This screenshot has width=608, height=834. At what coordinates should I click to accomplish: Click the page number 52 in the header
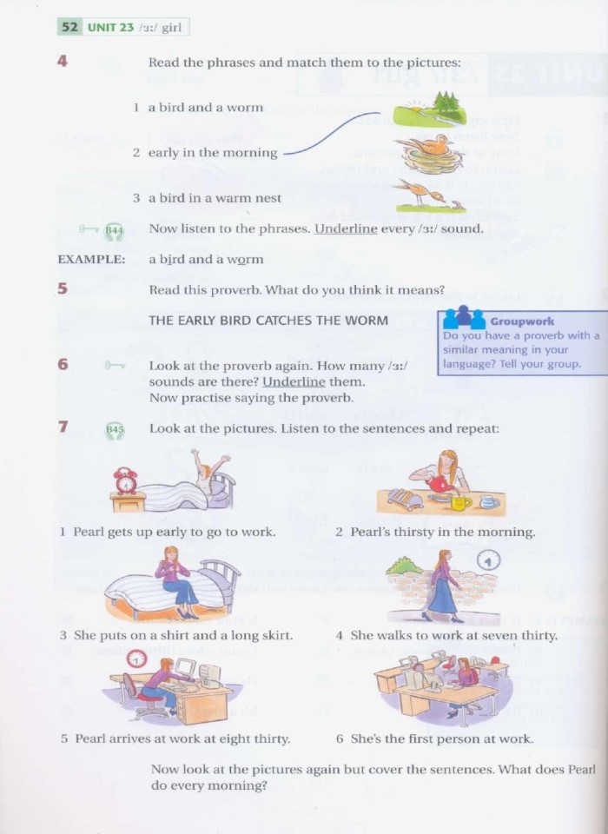point(69,27)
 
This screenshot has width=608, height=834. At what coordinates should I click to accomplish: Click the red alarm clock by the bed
point(126,480)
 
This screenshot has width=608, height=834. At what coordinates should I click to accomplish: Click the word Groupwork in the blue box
point(522,321)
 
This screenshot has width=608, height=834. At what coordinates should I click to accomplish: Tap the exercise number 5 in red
point(63,289)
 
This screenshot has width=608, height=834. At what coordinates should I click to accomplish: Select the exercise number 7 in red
point(63,427)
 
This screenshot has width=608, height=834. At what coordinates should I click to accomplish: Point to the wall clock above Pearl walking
point(488,559)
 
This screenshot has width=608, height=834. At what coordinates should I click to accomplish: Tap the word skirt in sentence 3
point(274,635)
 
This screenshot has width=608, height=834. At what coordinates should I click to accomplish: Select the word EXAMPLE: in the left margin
point(90,259)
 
